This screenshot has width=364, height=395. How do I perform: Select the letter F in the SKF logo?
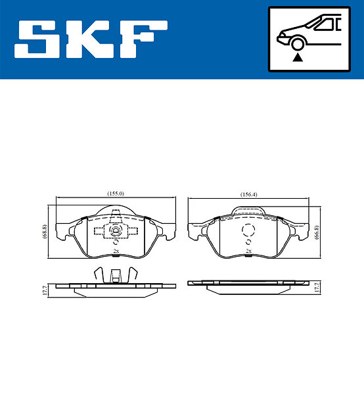143,39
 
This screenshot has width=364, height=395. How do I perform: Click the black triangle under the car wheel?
298,57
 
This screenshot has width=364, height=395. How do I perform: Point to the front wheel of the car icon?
298,44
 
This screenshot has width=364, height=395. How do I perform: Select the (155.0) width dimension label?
116,194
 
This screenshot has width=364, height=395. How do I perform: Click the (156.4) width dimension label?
248,194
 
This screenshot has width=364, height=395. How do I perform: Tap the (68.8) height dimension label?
45,231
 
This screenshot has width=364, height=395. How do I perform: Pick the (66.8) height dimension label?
317,232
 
